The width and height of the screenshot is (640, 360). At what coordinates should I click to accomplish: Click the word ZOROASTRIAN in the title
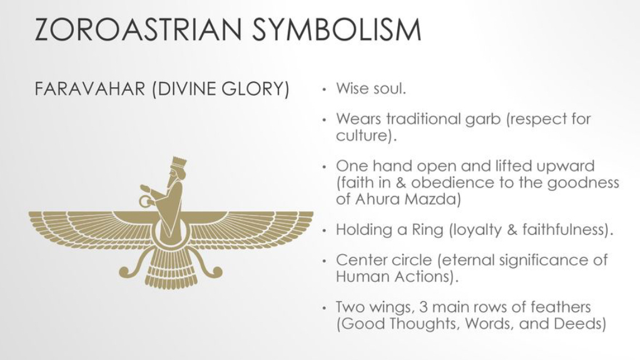point(138,29)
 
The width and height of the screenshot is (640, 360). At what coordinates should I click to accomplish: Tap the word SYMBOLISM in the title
point(337,29)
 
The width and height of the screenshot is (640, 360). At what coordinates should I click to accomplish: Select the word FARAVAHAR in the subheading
point(90,89)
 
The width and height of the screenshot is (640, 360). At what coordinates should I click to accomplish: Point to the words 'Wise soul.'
point(370,88)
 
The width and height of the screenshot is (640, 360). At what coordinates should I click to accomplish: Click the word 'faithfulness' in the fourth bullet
point(563,230)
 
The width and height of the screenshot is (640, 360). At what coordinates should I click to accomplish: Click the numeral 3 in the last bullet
point(424,307)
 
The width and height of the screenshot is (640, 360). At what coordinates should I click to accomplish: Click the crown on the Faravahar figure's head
point(179,161)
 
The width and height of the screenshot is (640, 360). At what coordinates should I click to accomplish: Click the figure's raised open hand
point(145,188)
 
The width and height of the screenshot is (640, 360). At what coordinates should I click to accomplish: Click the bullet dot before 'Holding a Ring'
point(324,230)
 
